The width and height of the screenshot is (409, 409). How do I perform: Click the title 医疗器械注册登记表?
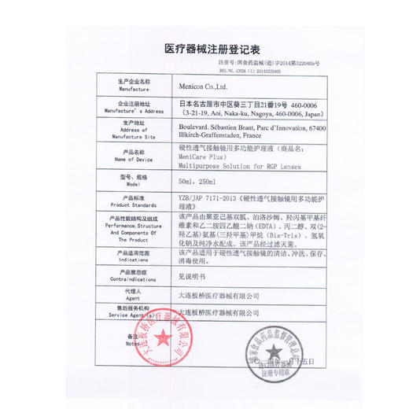pyautogui.click(x=204, y=48)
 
